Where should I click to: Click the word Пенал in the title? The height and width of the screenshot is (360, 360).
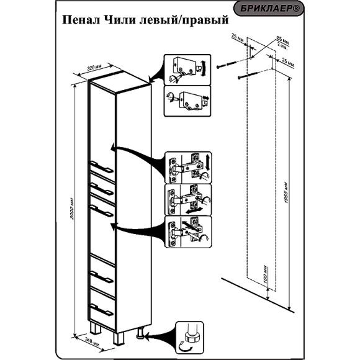[80, 21]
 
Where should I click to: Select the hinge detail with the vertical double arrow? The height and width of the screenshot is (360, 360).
[189, 167]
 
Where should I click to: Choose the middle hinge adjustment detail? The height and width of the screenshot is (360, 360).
[189, 199]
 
